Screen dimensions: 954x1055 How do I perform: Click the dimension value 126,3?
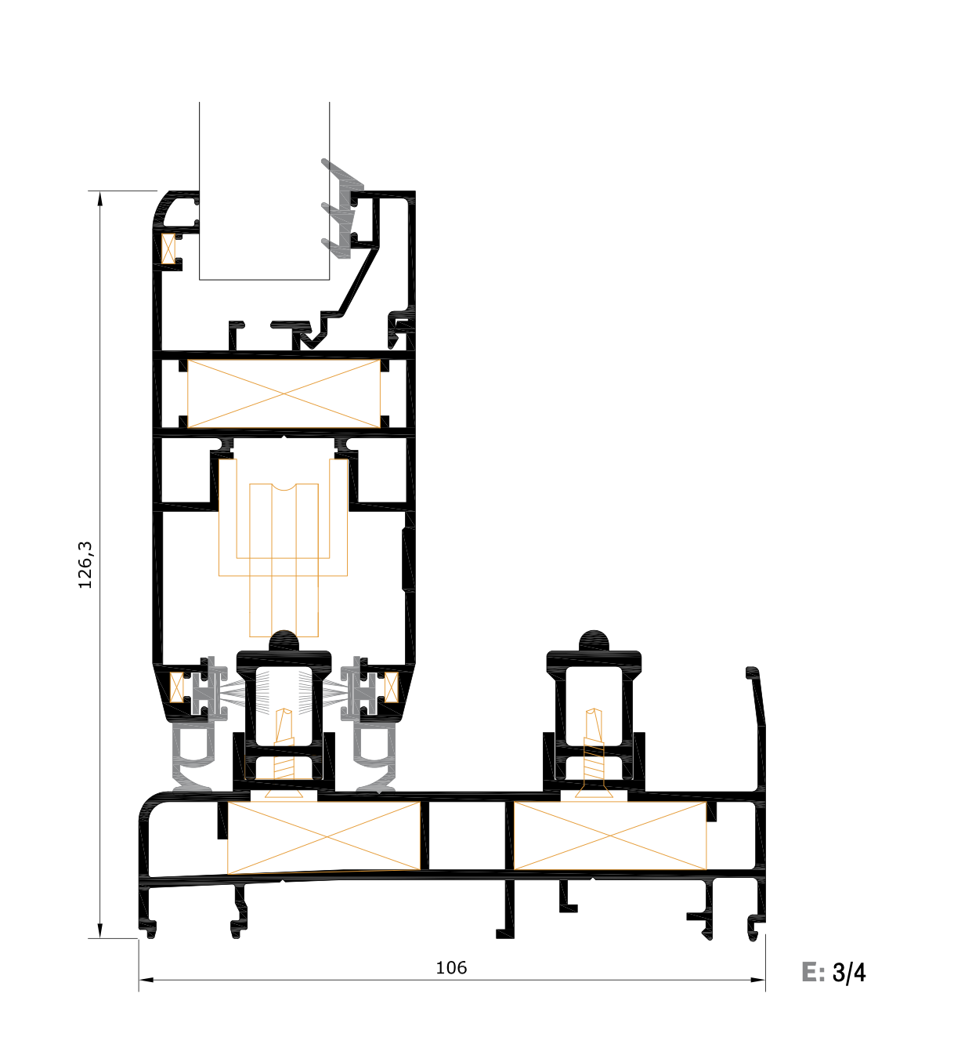click(x=85, y=564)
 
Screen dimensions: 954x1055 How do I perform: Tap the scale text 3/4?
click(x=849, y=973)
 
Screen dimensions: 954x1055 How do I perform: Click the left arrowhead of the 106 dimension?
click(x=146, y=980)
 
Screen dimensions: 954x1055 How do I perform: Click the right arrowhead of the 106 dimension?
click(x=757, y=980)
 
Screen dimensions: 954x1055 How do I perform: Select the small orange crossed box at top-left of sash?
click(x=168, y=248)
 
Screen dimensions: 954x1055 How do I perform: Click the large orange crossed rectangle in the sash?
click(x=284, y=394)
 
